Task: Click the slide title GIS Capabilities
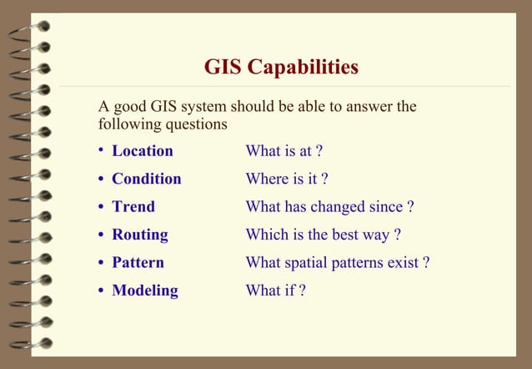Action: coord(281,66)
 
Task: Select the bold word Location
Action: coord(143,151)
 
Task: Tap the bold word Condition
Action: coord(147,179)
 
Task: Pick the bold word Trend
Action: coord(133,206)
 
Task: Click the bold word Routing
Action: coord(140,235)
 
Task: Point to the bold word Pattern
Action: coord(138,262)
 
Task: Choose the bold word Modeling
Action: coord(145,291)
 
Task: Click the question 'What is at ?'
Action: coord(284,151)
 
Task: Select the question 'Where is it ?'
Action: coord(287,179)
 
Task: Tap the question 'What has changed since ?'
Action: coord(329,206)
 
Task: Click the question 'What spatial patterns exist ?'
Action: coord(338,262)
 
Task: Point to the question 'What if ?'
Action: coord(275,291)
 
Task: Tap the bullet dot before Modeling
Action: coord(101,291)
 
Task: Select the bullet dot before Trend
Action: coord(101,206)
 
